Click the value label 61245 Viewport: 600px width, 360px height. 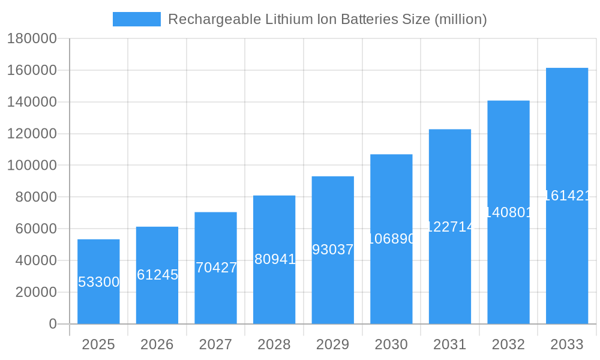(x=157, y=275)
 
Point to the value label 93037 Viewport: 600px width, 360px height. (x=333, y=250)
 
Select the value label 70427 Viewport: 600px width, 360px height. (x=216, y=268)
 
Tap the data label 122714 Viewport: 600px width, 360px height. (x=450, y=227)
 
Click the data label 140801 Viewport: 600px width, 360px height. (x=508, y=212)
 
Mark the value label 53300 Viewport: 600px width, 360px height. (x=98, y=282)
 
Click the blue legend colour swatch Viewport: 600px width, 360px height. (x=136, y=19)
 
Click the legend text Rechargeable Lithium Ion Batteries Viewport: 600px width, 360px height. (x=327, y=19)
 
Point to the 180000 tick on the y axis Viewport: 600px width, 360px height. (x=32, y=39)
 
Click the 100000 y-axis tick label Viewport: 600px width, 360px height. (x=32, y=166)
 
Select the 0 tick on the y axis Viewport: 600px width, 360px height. (x=53, y=324)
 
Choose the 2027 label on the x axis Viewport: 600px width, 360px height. (x=215, y=344)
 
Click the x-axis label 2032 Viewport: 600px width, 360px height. (x=508, y=344)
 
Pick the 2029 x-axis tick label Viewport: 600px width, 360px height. (x=332, y=344)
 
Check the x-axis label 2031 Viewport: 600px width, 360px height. (x=449, y=344)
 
